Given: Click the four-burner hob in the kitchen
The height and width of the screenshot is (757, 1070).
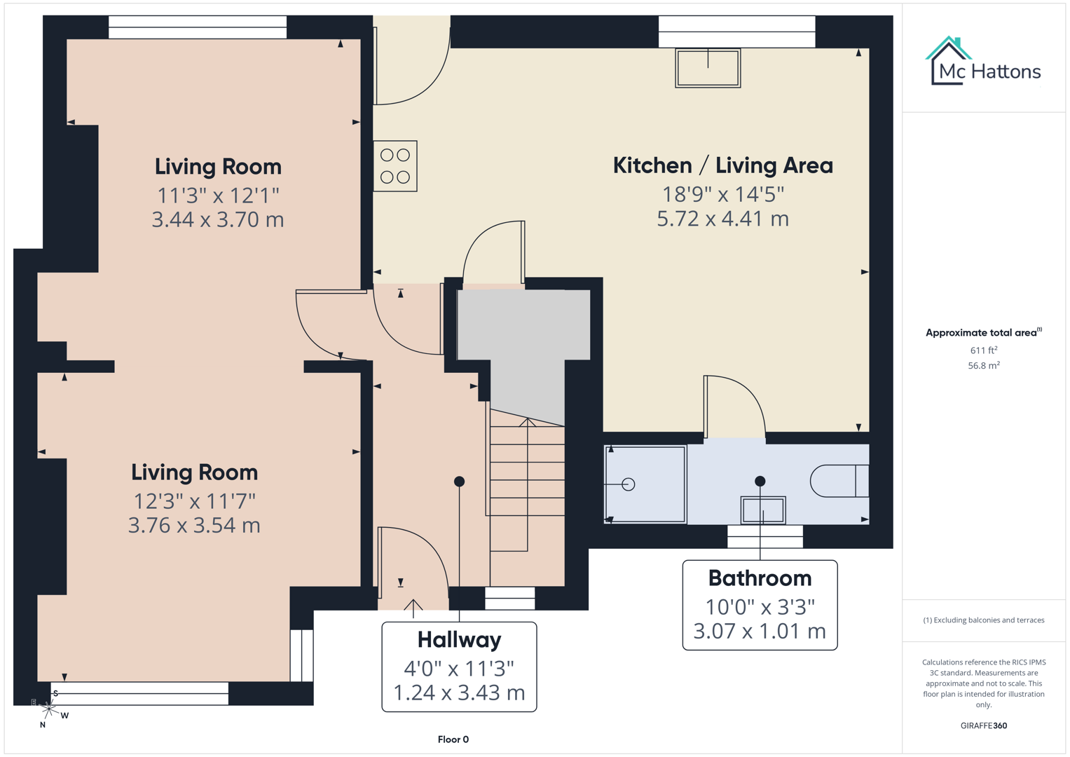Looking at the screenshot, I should coord(395,166).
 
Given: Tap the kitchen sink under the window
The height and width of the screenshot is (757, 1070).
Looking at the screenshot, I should coord(708,68).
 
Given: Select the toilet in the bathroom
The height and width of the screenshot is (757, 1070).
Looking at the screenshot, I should coord(838,481).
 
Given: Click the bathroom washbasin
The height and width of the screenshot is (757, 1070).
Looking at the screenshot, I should coord(763,510).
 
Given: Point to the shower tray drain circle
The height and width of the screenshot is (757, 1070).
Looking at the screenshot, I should coord(629,484).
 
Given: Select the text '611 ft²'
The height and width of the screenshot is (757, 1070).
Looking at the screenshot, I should coord(983,350).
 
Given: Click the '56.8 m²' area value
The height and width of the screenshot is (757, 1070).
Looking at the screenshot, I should coord(983,365).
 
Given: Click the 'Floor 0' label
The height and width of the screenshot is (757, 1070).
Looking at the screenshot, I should coord(453,739).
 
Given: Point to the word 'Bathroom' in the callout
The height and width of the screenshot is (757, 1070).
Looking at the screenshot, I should coord(760,578).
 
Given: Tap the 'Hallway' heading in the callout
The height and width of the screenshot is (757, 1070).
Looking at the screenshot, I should coord(459,639).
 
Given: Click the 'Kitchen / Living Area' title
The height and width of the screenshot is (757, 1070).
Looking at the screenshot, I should coord(722,165).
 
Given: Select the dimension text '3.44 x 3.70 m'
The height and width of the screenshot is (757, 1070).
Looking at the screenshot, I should coord(218,219).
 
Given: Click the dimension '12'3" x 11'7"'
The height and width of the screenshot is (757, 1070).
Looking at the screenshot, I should coord(195,500).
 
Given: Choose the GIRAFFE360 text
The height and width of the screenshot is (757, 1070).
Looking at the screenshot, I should coord(983,725).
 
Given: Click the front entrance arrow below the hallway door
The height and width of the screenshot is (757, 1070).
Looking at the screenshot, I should coord(413,607).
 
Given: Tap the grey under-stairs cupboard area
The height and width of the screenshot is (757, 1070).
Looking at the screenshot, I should coord(524,329).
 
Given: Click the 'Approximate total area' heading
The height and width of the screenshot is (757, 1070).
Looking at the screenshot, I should coord(980,332).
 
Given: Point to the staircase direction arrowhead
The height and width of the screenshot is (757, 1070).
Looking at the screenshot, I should coord(528,422).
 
